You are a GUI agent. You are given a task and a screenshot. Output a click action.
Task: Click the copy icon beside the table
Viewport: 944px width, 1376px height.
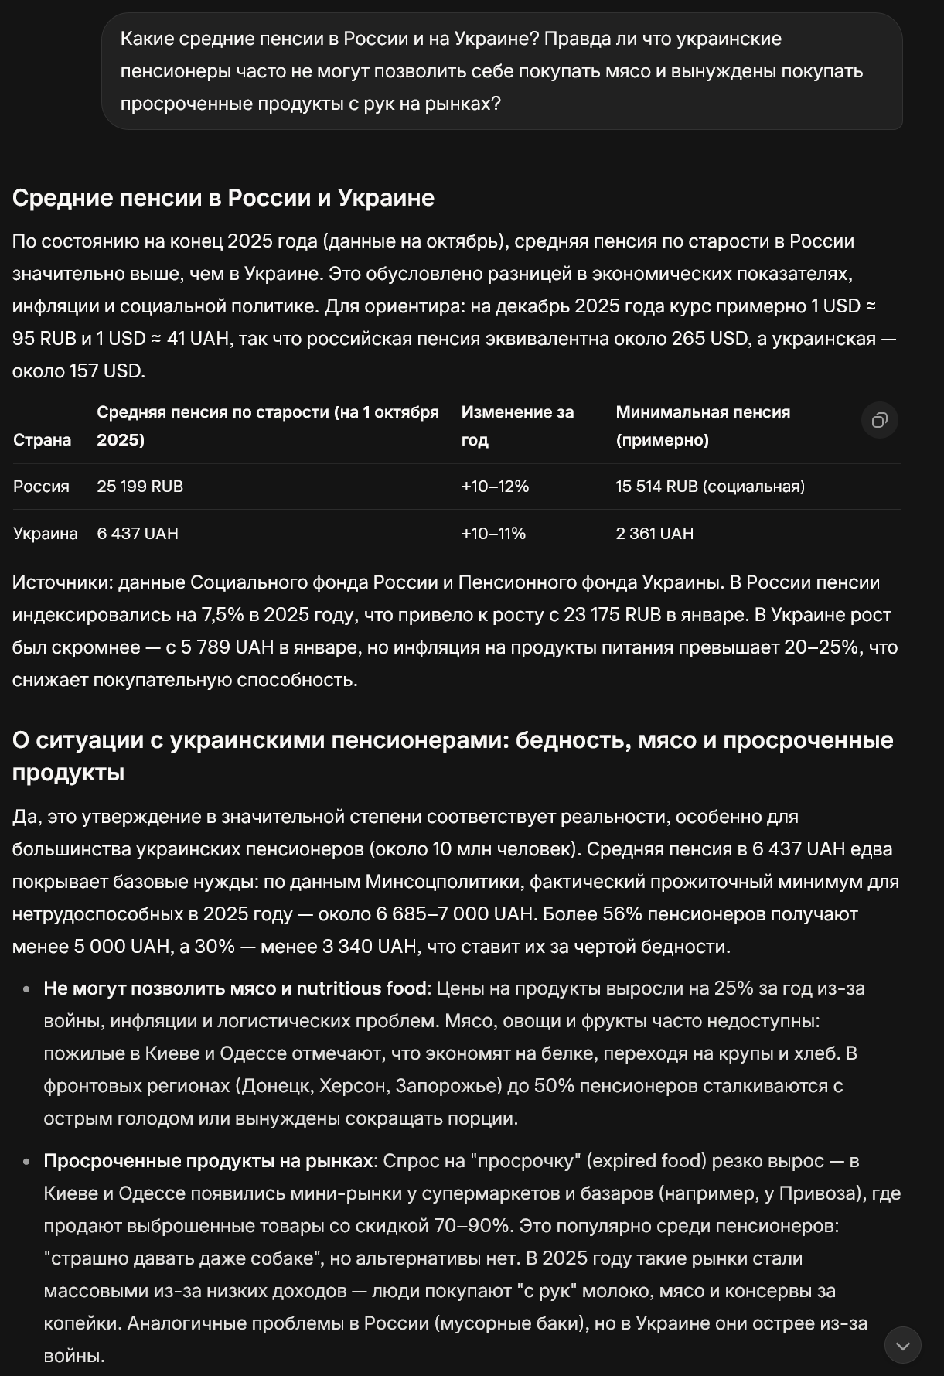pyautogui.click(x=879, y=420)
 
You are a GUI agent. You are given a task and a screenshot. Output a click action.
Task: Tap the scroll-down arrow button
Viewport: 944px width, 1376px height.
pyautogui.click(x=902, y=1346)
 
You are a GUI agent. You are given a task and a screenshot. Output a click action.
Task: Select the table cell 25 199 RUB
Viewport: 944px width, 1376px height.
pyautogui.click(x=140, y=487)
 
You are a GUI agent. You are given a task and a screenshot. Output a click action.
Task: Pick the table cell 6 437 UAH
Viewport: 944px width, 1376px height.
pyautogui.click(x=138, y=534)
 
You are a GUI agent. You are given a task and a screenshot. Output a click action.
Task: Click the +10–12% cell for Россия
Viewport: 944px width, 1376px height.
pyautogui.click(x=495, y=487)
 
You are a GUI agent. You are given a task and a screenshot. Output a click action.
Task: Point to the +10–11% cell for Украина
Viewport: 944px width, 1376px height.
pyautogui.click(x=493, y=534)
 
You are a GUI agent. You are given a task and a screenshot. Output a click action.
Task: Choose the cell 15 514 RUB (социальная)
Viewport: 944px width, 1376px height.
pyautogui.click(x=710, y=487)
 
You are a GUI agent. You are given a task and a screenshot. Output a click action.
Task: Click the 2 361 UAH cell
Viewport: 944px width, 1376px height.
pyautogui.click(x=654, y=534)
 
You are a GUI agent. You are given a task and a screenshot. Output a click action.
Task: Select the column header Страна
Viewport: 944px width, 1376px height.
pyautogui.click(x=42, y=440)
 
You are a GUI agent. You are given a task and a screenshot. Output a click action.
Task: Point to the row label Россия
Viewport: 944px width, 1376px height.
pyautogui.click(x=41, y=487)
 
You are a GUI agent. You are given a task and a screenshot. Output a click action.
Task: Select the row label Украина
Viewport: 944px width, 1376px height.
pyautogui.click(x=45, y=534)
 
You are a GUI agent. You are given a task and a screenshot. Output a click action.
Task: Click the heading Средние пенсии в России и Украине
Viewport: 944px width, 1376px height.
pyautogui.click(x=223, y=198)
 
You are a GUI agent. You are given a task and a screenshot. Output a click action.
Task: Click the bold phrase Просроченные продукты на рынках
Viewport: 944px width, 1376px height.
pyautogui.click(x=208, y=1161)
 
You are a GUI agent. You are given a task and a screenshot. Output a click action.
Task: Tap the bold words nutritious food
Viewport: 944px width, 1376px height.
pyautogui.click(x=361, y=988)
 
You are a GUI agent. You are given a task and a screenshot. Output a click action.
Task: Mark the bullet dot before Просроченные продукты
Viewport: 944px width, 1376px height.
pyautogui.click(x=27, y=1162)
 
